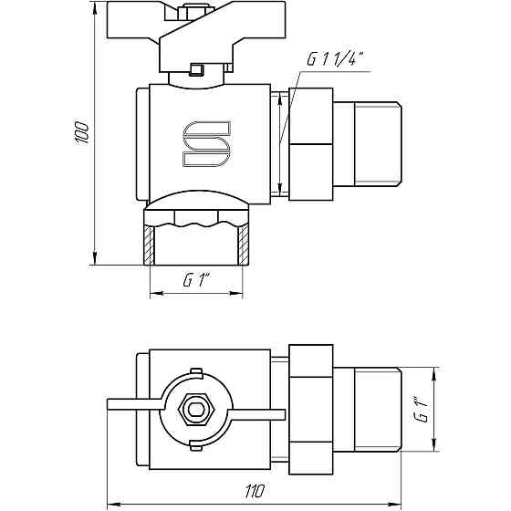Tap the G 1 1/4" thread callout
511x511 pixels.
click(336, 60)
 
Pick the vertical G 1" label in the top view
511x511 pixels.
click(420, 408)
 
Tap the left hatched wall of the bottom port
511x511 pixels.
click(148, 245)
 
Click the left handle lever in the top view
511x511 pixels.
click(132, 402)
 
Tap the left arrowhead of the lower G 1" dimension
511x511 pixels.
click(152, 294)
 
